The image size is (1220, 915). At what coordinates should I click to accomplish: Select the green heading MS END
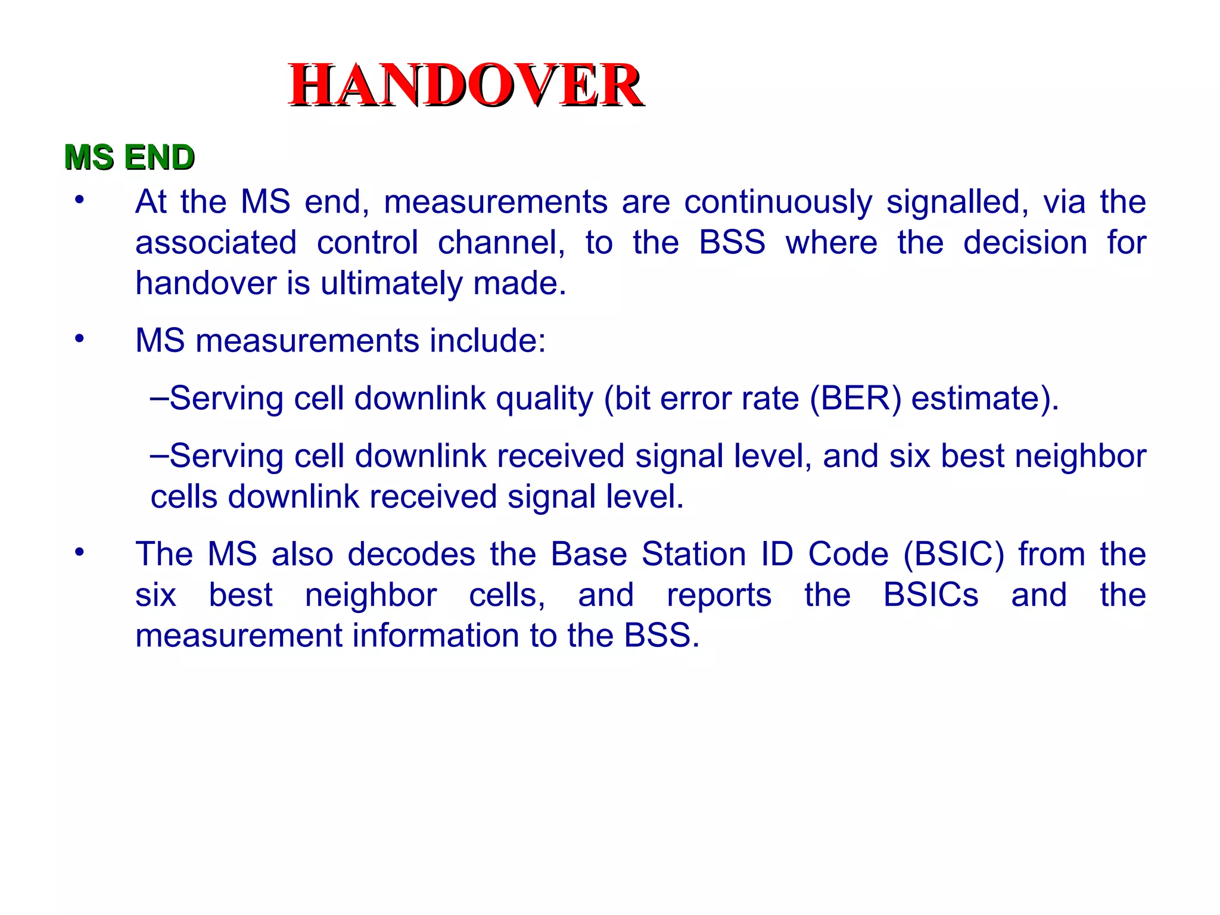click(x=129, y=157)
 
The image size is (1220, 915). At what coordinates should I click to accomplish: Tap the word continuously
click(x=777, y=202)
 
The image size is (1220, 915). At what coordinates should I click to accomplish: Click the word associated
click(x=216, y=242)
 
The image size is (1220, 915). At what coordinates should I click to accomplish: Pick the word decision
click(x=1025, y=242)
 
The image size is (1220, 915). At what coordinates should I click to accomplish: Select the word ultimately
click(x=391, y=283)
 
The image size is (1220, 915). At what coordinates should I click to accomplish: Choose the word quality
click(x=544, y=399)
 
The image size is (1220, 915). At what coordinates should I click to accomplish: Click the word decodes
click(x=412, y=554)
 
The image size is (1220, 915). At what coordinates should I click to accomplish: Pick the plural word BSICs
click(x=930, y=595)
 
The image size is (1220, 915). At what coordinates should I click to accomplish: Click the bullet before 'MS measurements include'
click(x=79, y=339)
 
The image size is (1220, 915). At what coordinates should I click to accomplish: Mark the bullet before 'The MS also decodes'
click(x=79, y=552)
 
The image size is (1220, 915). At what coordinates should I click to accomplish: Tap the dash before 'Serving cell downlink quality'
click(x=159, y=397)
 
